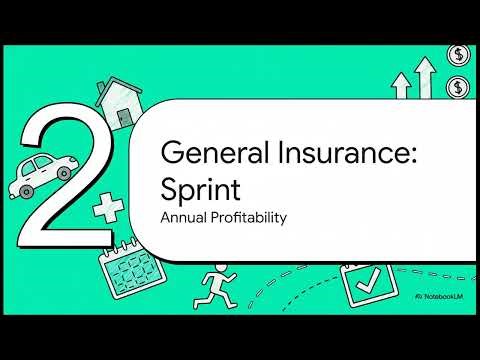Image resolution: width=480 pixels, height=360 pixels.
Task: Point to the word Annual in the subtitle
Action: point(183,216)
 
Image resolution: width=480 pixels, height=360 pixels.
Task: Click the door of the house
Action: point(122,118)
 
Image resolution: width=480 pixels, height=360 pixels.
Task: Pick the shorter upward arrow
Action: point(402,87)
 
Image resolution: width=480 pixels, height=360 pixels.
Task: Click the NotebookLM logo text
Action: point(445,298)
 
